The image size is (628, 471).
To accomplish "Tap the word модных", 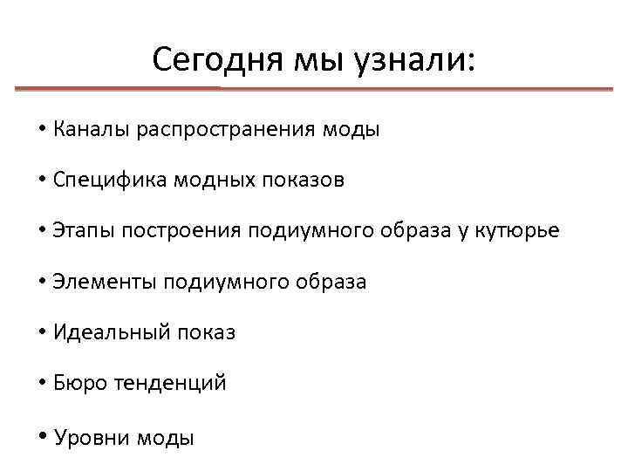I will [x=206, y=181].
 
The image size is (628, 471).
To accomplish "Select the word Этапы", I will [x=84, y=231].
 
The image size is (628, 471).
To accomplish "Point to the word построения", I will [x=181, y=231].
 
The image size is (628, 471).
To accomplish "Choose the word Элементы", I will [x=99, y=282].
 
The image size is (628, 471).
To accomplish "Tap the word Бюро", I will [x=79, y=383].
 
